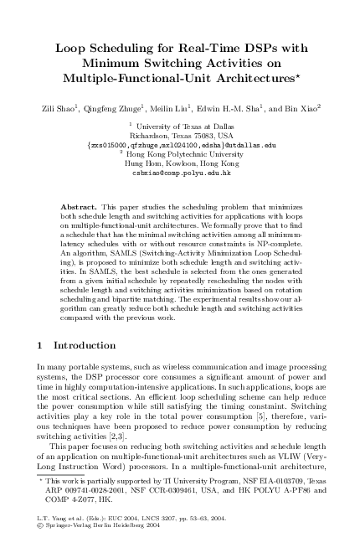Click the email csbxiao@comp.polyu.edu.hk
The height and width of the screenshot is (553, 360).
[x=180, y=172]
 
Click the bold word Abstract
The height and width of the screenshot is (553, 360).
[x=80, y=205]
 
